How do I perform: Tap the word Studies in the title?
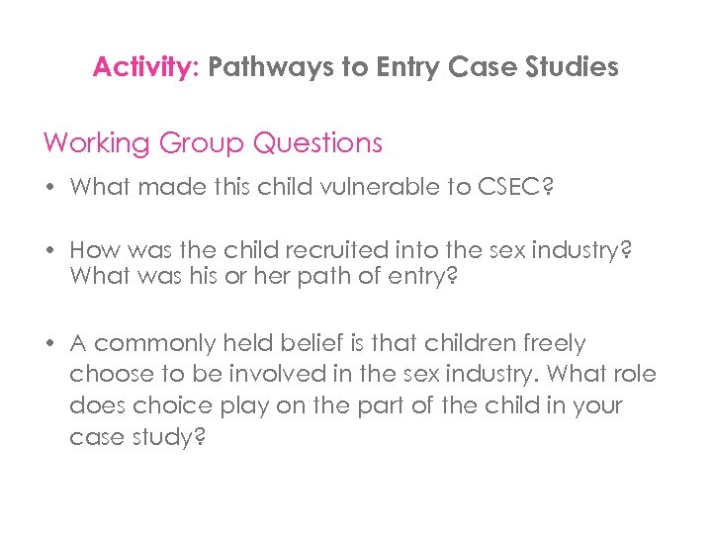[x=573, y=67]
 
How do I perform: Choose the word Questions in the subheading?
[x=317, y=142]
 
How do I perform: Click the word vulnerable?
[x=387, y=187]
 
